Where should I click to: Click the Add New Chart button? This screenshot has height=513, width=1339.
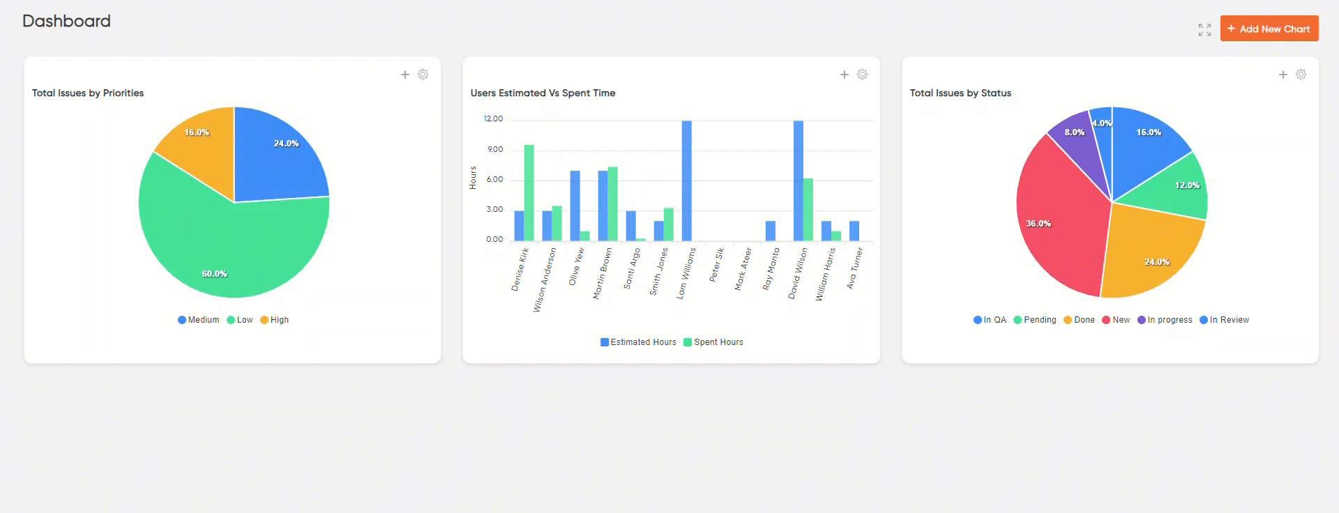(x=1269, y=29)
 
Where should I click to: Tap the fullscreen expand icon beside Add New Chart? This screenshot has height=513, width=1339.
(x=1204, y=30)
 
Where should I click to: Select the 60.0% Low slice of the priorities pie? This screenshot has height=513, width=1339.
(x=223, y=251)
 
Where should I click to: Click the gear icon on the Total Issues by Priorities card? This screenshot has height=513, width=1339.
(x=423, y=75)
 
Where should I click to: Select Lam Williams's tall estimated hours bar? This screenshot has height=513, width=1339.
(x=687, y=181)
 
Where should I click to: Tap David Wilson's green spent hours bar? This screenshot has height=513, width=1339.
(x=808, y=209)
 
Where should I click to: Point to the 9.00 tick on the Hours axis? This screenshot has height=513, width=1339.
(x=495, y=149)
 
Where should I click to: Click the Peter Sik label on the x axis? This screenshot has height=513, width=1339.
(x=716, y=265)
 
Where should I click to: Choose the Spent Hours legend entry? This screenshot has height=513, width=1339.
(x=713, y=342)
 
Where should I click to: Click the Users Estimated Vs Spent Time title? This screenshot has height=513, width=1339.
(x=543, y=93)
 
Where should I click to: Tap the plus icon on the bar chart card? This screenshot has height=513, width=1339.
(x=844, y=75)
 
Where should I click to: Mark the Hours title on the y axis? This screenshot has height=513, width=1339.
(x=473, y=178)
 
